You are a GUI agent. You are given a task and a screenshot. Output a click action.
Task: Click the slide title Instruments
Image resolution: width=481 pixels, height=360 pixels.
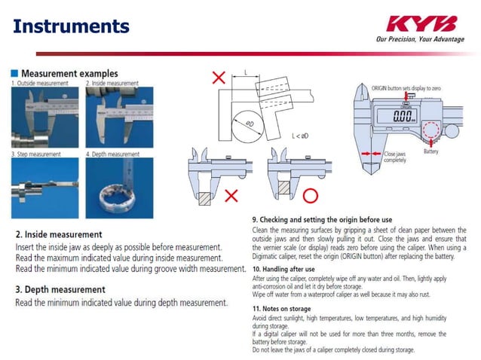[72, 26]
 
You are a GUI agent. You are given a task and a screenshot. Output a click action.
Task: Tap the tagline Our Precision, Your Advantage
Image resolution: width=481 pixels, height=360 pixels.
[420, 39]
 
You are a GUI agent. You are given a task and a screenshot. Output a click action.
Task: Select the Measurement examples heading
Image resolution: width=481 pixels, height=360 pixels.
[69, 73]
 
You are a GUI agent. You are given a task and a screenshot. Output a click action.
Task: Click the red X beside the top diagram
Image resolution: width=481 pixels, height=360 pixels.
[219, 78]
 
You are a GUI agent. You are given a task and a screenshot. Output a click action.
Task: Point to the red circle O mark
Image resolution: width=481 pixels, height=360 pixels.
[310, 196]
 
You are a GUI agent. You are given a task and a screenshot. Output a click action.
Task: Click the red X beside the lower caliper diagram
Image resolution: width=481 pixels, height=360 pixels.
[232, 196]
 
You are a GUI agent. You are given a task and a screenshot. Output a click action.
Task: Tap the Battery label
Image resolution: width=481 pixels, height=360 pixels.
[430, 151]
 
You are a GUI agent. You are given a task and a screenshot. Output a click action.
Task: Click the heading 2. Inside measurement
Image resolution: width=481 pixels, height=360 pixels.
[59, 234]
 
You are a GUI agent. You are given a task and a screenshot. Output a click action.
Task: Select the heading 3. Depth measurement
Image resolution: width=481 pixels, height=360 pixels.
[60, 289]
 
